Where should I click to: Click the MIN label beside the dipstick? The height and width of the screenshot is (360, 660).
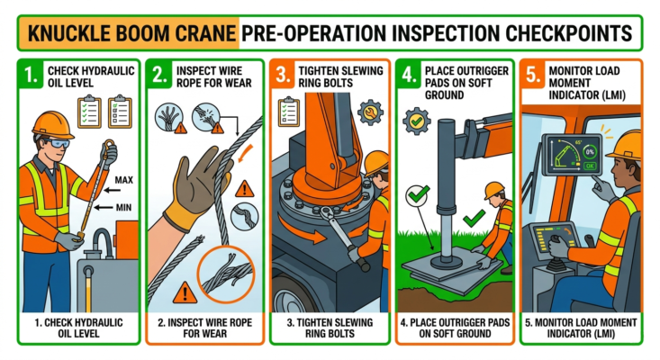click(x=125, y=208)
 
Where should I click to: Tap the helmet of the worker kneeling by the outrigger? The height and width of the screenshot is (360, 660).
click(x=493, y=190)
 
